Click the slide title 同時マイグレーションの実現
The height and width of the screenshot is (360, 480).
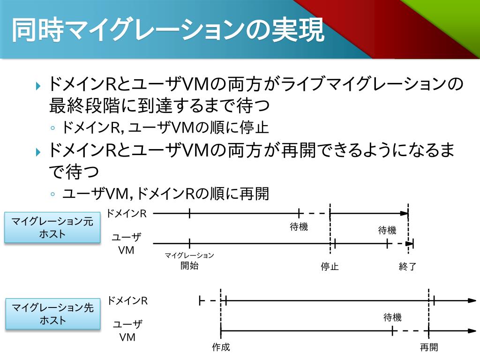tap(167, 31)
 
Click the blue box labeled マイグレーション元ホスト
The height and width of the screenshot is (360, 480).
tap(52, 227)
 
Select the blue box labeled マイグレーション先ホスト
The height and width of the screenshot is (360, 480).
tap(52, 314)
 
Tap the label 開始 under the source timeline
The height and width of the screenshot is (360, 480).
tap(189, 266)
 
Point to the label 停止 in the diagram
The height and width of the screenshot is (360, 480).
tap(330, 267)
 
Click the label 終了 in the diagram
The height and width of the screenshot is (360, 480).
tap(407, 267)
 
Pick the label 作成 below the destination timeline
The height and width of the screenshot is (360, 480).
tap(221, 347)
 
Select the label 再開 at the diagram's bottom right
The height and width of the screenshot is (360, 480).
tap(429, 347)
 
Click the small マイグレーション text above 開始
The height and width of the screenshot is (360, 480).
tap(189, 255)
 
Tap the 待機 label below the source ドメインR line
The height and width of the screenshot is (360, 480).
tap(299, 227)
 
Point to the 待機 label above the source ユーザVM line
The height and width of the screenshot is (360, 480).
tap(387, 230)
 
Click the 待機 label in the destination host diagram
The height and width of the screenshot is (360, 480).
tap(392, 317)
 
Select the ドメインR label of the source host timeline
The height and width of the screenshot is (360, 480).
tap(127, 214)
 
